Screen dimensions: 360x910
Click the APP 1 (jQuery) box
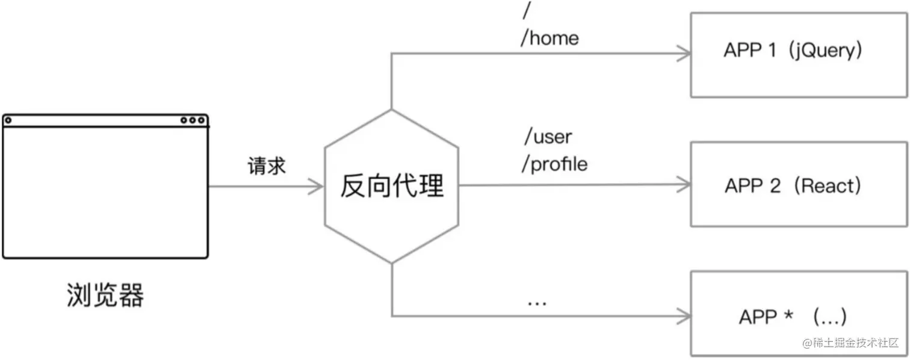[x=799, y=55]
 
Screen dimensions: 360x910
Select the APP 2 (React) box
[x=799, y=184]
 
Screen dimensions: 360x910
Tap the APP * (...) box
[x=799, y=313]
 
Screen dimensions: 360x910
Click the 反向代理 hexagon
[x=391, y=186]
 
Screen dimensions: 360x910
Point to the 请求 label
[x=266, y=167]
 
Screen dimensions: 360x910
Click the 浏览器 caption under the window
[x=105, y=296]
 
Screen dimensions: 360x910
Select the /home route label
[x=549, y=38]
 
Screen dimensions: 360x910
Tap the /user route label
[x=548, y=137]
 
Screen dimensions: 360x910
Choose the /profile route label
[x=554, y=164]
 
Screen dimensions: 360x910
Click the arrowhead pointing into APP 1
[x=685, y=54]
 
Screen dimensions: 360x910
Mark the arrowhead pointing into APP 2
[x=685, y=185]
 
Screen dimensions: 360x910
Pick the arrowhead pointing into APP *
[x=685, y=315]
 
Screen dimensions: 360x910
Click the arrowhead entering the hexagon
[x=318, y=187]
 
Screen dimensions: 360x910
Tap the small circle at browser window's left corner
[x=8, y=120]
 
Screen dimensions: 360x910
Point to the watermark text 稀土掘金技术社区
[x=855, y=343]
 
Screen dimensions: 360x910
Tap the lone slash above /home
[x=528, y=10]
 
